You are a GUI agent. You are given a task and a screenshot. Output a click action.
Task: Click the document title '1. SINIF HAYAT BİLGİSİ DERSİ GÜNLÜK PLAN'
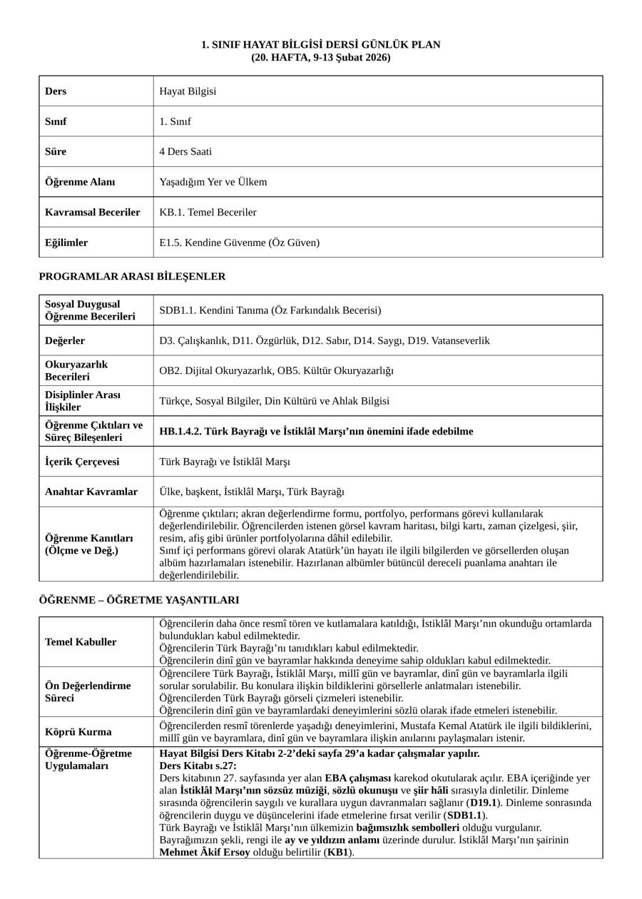[x=320, y=45]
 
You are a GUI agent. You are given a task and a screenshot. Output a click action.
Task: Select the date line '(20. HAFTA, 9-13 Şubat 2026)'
[x=320, y=57]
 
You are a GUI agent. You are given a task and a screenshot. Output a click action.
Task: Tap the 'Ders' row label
[x=56, y=91]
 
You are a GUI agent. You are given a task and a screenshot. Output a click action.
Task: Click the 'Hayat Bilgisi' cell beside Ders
[x=188, y=91]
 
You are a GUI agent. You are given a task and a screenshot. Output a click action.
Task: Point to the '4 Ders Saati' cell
[x=185, y=152]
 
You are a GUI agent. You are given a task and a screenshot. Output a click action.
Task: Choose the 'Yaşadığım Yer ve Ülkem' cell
[x=213, y=182]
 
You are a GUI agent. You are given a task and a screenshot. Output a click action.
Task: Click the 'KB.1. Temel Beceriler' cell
[x=208, y=213]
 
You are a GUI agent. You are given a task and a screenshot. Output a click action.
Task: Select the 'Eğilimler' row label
[x=66, y=243]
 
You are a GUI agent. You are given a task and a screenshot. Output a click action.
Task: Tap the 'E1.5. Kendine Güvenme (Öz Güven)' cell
[x=240, y=243]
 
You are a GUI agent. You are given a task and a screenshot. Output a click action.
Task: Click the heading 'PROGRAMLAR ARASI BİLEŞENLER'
[x=132, y=276]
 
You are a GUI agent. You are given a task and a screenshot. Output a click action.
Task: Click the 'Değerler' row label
[x=65, y=341]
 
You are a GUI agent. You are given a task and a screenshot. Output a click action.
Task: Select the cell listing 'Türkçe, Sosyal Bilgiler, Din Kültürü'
[x=274, y=401]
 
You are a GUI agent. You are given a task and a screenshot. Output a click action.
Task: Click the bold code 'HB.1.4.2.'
[x=183, y=432]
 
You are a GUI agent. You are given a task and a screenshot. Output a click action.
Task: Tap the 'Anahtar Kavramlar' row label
[x=91, y=492]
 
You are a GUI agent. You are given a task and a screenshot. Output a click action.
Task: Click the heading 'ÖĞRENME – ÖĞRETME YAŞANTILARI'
[x=139, y=600]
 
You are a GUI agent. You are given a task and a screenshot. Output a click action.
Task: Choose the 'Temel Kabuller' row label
[x=81, y=642]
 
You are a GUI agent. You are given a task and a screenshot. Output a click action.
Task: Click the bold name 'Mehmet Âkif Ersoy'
[x=205, y=852]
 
